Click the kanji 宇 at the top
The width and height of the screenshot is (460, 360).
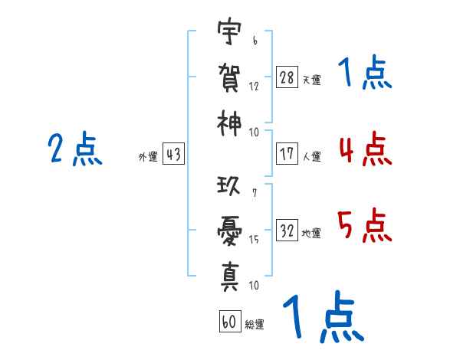[x=229, y=31]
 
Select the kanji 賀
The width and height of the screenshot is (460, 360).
[x=229, y=77]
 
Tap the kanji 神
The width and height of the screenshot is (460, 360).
[x=229, y=123]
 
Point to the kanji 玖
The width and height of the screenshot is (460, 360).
[x=228, y=186]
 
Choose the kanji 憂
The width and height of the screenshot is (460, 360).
[x=229, y=231]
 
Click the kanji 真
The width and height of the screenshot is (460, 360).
[x=230, y=277]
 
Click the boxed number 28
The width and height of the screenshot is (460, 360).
[x=287, y=77]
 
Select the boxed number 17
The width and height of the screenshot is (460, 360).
[x=287, y=154]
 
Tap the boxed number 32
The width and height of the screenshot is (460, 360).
[x=287, y=230]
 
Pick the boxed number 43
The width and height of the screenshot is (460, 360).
[x=173, y=154]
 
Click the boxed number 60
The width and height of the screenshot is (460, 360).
[x=230, y=321]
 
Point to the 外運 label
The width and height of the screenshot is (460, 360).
[x=148, y=157]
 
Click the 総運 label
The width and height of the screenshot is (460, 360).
[x=255, y=325]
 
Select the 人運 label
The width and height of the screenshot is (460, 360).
[x=312, y=157]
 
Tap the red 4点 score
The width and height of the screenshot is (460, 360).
[x=366, y=149]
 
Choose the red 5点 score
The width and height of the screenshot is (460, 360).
[x=365, y=225]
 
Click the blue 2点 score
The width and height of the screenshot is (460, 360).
[x=75, y=149]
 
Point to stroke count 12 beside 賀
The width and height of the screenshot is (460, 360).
[x=254, y=87]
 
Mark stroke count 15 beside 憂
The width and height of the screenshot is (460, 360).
[x=254, y=240]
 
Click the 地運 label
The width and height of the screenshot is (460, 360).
[x=311, y=234]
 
